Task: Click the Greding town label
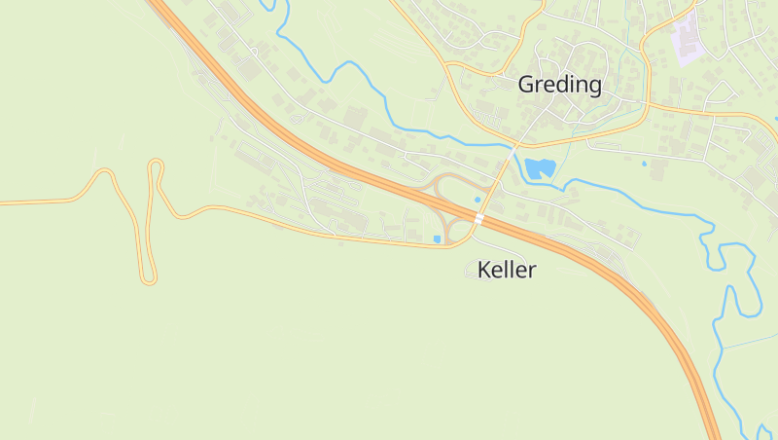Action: point(559,85)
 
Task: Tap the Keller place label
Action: point(507,270)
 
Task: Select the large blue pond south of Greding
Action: point(539,168)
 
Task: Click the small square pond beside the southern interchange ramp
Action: point(437,238)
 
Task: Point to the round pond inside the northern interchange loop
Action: point(477,200)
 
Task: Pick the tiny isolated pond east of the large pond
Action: point(643,165)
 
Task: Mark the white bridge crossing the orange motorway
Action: point(479,220)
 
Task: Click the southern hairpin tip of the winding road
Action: point(148,280)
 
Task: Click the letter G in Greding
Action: point(527,85)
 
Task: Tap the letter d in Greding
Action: point(565,84)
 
